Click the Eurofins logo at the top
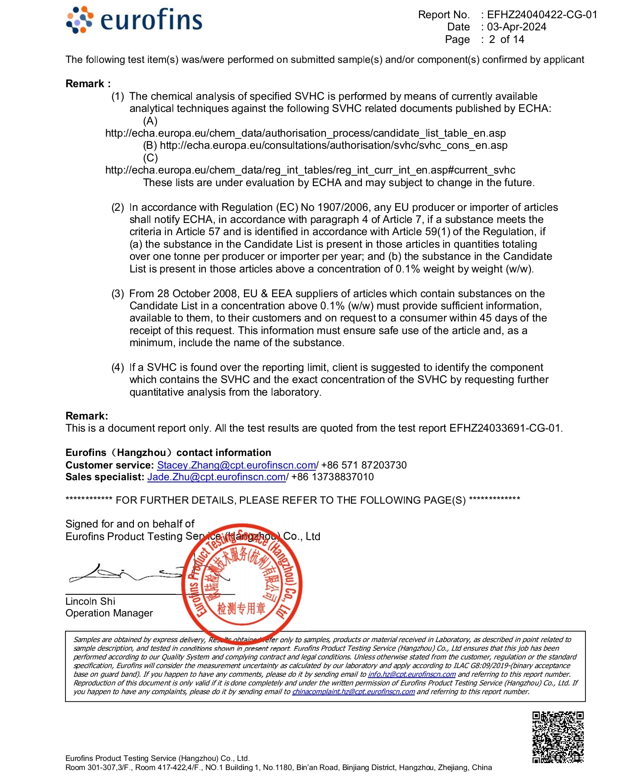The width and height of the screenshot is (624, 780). click(134, 20)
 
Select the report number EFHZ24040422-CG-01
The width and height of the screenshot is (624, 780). click(542, 15)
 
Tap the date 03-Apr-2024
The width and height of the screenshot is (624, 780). click(517, 27)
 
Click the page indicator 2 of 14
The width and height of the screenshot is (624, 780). click(507, 39)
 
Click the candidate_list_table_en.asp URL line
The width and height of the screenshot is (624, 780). click(305, 133)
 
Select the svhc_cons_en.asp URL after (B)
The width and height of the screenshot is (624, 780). click(333, 145)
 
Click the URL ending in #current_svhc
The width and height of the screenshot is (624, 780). click(310, 170)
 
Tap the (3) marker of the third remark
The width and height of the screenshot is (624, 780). click(118, 294)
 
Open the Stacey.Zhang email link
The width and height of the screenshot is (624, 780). click(236, 465)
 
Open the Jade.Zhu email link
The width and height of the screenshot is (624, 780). click(216, 477)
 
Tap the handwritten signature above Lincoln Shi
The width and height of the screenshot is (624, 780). click(126, 575)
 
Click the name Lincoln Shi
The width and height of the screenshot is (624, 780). click(90, 601)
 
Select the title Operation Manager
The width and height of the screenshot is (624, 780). click(109, 613)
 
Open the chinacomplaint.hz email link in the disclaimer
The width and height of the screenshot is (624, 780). click(353, 692)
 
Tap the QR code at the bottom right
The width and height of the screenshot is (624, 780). click(558, 737)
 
